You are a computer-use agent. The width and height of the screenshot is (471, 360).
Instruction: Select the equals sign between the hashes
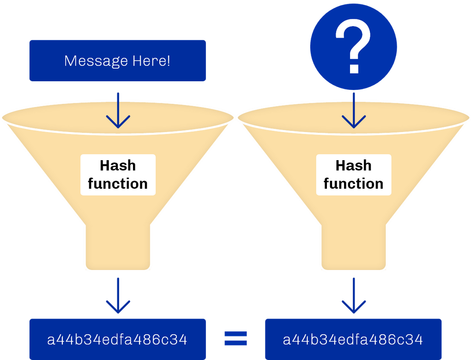[235, 339]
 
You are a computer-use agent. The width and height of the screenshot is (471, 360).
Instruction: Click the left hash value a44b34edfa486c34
[117, 340]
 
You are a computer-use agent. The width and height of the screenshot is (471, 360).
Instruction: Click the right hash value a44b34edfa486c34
[353, 340]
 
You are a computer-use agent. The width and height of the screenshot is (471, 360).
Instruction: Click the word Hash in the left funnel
[118, 165]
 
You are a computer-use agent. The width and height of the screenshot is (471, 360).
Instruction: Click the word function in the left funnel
[118, 183]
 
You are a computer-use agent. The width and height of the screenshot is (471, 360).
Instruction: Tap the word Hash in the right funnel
[353, 165]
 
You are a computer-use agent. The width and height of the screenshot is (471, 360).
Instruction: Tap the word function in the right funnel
[353, 183]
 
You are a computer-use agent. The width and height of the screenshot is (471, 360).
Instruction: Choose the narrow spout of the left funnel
[118, 247]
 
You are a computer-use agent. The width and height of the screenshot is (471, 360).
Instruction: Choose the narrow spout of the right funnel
[354, 247]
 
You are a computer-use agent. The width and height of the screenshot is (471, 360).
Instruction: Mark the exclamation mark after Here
[169, 60]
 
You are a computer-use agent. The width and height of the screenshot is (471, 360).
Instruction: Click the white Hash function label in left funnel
[118, 174]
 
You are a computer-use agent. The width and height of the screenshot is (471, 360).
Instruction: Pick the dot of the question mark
[354, 69]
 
